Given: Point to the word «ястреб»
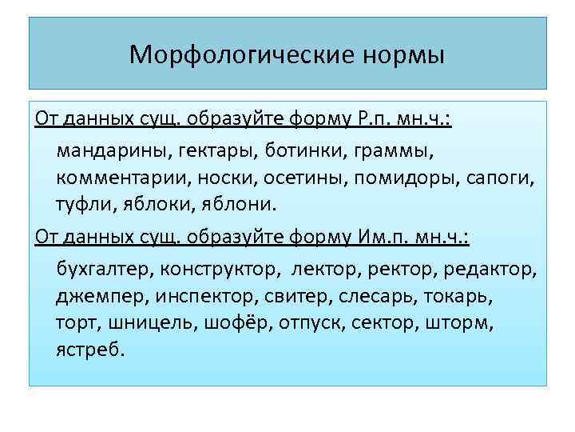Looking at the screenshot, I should coord(90,350).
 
